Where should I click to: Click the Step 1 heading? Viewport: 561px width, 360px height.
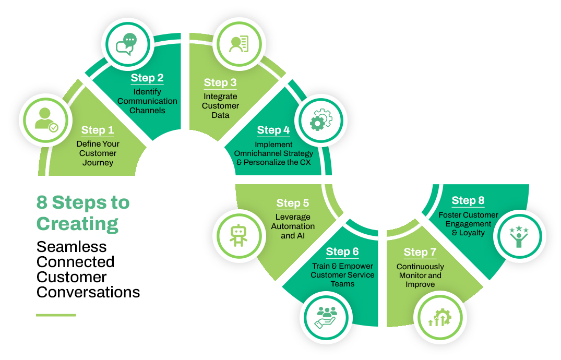pyautogui.click(x=98, y=130)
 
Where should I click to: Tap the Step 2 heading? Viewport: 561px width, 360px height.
pyautogui.click(x=147, y=78)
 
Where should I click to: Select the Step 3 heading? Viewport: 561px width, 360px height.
pyautogui.click(x=220, y=82)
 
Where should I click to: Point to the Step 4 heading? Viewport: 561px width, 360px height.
pyautogui.click(x=273, y=130)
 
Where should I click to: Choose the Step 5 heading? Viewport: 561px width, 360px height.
pyautogui.click(x=293, y=203)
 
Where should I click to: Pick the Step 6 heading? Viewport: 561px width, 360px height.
pyautogui.click(x=342, y=252)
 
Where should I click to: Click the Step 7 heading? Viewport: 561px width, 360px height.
pyautogui.click(x=420, y=253)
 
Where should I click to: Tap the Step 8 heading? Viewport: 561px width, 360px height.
pyautogui.click(x=468, y=200)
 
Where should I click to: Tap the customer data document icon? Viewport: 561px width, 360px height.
pyautogui.click(x=239, y=44)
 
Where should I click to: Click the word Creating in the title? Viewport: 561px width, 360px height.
pyautogui.click(x=77, y=224)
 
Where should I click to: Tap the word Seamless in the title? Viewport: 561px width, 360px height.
pyautogui.click(x=71, y=247)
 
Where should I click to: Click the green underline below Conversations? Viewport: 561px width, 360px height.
pyautogui.click(x=56, y=315)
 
